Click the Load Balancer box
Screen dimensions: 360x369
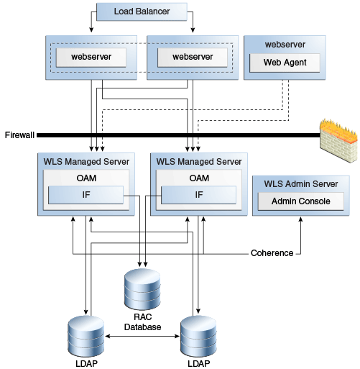pos(142,12)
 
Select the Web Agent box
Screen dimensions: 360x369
pos(285,63)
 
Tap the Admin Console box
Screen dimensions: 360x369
pos(301,201)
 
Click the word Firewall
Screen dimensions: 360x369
pos(19,135)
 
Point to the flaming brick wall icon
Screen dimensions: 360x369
pos(339,140)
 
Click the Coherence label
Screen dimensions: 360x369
pos(272,253)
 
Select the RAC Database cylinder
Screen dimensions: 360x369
pos(142,289)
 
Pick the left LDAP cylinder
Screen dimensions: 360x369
pos(86,337)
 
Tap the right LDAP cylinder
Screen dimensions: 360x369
pos(198,337)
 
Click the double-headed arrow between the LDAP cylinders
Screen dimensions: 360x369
pos(142,336)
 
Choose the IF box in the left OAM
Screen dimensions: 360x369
pos(86,195)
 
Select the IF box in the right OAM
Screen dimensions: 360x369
pos(198,195)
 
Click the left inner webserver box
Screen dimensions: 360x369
pos(91,57)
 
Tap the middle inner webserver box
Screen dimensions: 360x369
pos(193,57)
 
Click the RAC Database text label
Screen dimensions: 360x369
pos(143,322)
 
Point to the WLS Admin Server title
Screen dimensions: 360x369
pos(301,184)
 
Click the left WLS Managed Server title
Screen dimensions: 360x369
pos(86,162)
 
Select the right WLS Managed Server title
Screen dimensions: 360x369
pos(199,162)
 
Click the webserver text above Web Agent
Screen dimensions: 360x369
pos(285,45)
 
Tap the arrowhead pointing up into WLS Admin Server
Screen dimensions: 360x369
pos(300,219)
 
